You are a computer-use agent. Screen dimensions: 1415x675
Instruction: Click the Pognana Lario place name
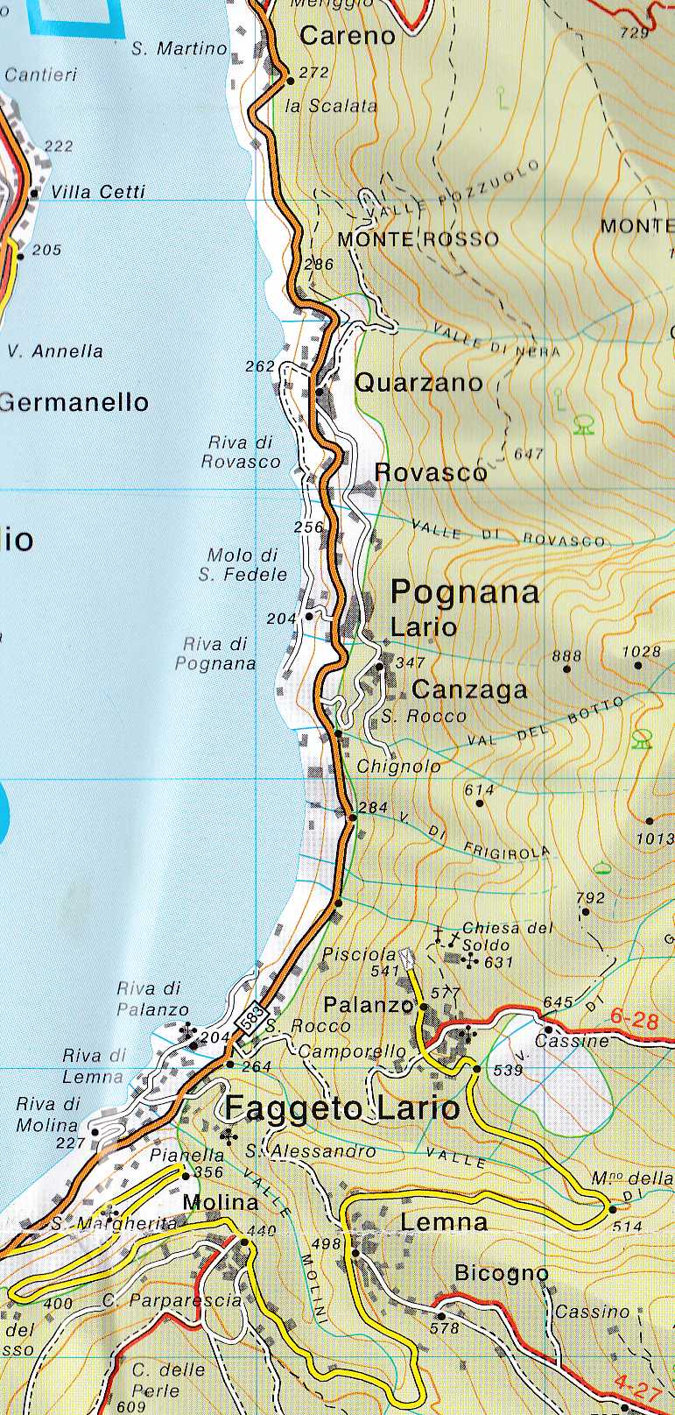pyautogui.click(x=464, y=606)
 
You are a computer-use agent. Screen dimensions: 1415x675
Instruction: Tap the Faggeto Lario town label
pyautogui.click(x=342, y=1108)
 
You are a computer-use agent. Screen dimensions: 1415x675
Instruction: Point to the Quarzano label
pyautogui.click(x=418, y=383)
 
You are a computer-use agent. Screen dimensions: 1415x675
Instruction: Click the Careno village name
pyautogui.click(x=348, y=36)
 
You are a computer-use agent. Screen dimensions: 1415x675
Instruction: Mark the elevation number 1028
pyautogui.click(x=641, y=651)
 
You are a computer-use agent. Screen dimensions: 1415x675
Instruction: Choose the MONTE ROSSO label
pyautogui.click(x=418, y=239)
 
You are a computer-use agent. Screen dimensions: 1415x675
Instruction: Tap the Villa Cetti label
pyautogui.click(x=98, y=192)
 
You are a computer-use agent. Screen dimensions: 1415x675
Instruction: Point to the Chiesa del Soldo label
pyautogui.click(x=507, y=937)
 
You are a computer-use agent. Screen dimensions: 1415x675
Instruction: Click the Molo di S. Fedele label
pyautogui.click(x=243, y=565)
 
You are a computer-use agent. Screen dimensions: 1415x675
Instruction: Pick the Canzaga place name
pyautogui.click(x=469, y=690)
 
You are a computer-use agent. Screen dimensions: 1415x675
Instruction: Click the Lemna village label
pyautogui.click(x=444, y=1221)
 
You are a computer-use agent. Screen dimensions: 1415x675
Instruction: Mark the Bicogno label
pyautogui.click(x=502, y=1273)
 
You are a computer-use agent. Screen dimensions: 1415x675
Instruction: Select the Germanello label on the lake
pyautogui.click(x=74, y=402)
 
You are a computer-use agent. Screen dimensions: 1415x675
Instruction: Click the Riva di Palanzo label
pyautogui.click(x=152, y=999)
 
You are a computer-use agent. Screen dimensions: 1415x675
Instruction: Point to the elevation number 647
pyautogui.click(x=529, y=454)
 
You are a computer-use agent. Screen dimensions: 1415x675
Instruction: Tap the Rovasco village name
pyautogui.click(x=430, y=472)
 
